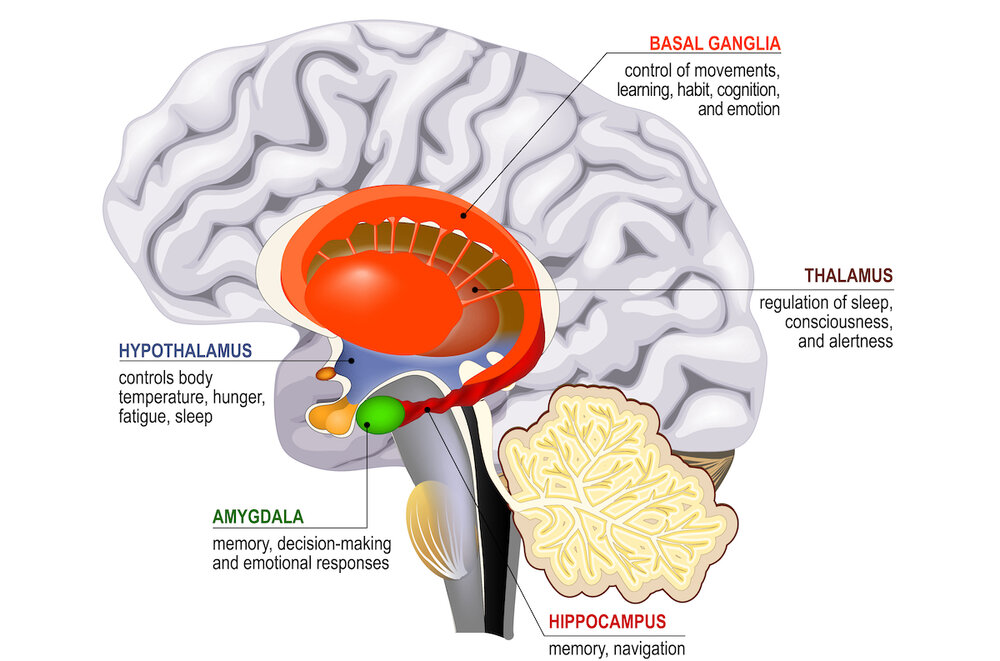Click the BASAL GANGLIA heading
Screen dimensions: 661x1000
tap(714, 43)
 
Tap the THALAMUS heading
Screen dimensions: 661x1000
tap(848, 274)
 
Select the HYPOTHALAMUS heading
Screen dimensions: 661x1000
tap(185, 351)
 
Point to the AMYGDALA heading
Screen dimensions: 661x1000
tap(257, 517)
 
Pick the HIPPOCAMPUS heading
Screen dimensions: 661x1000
tap(607, 622)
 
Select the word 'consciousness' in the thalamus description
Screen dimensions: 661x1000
tap(838, 322)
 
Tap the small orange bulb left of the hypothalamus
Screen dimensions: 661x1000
tap(326, 374)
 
